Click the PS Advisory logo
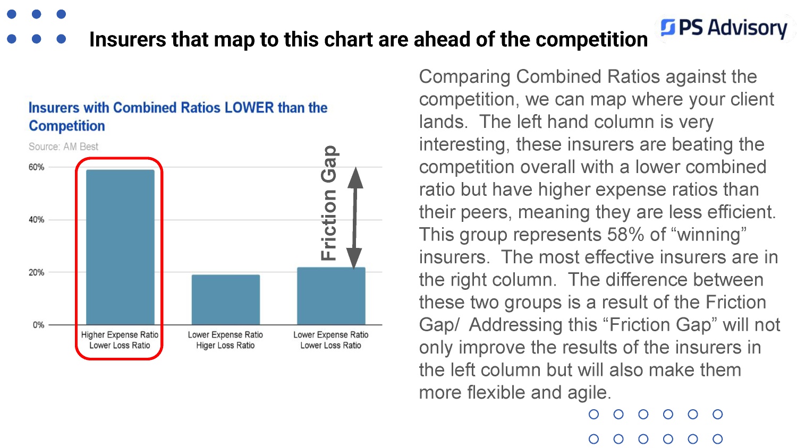tap(724, 28)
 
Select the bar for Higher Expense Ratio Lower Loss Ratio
tap(120, 247)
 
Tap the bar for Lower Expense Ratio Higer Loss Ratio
tap(226, 300)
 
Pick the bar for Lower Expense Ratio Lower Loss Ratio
tap(331, 296)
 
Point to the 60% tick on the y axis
tap(36, 167)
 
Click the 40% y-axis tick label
tap(36, 220)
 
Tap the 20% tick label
tap(36, 272)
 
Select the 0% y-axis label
tap(38, 325)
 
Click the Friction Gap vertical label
tap(329, 203)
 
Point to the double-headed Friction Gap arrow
tap(355, 218)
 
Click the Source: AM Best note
tap(63, 147)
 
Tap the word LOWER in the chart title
tap(249, 108)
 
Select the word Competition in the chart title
tap(67, 126)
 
